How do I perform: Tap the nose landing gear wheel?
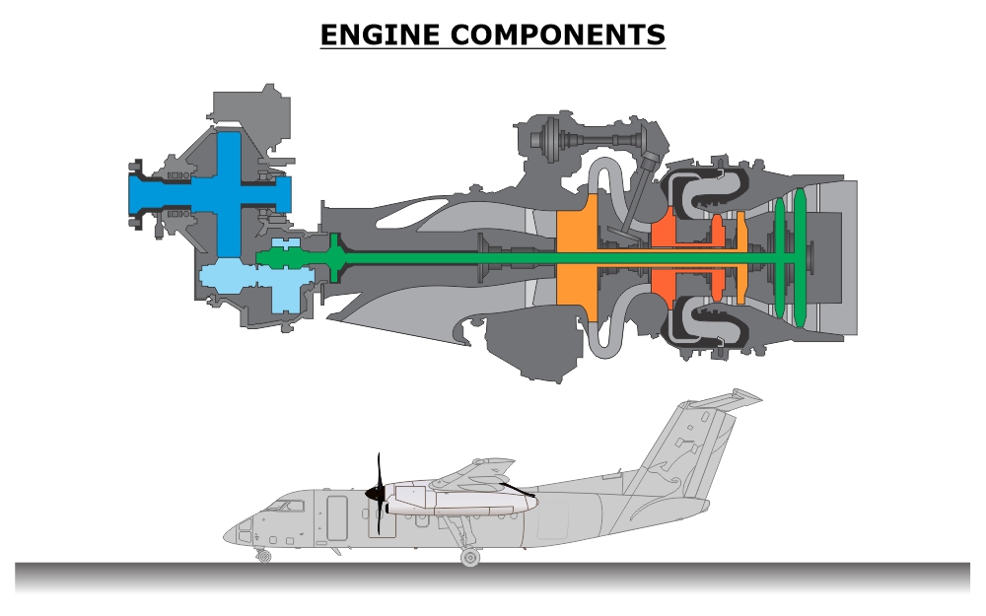coord(263,557)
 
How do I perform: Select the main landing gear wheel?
coord(470,558)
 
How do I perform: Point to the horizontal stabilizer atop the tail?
coord(725,399)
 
